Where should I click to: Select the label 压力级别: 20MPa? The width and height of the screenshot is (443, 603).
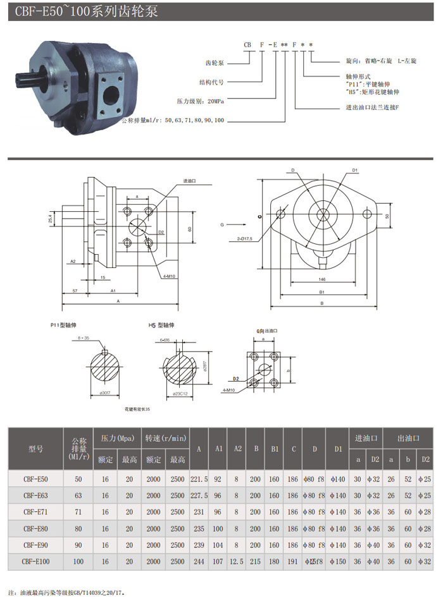coord(200,100)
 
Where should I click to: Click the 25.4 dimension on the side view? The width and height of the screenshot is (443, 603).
coord(50,219)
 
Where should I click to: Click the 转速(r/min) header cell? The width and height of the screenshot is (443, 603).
coord(166,437)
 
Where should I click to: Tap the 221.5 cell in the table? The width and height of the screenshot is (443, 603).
coord(199,479)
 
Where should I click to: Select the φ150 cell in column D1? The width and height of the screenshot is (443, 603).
coord(337,561)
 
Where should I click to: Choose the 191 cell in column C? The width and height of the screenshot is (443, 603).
coord(292,561)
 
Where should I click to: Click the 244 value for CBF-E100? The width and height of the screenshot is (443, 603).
coord(199,561)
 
